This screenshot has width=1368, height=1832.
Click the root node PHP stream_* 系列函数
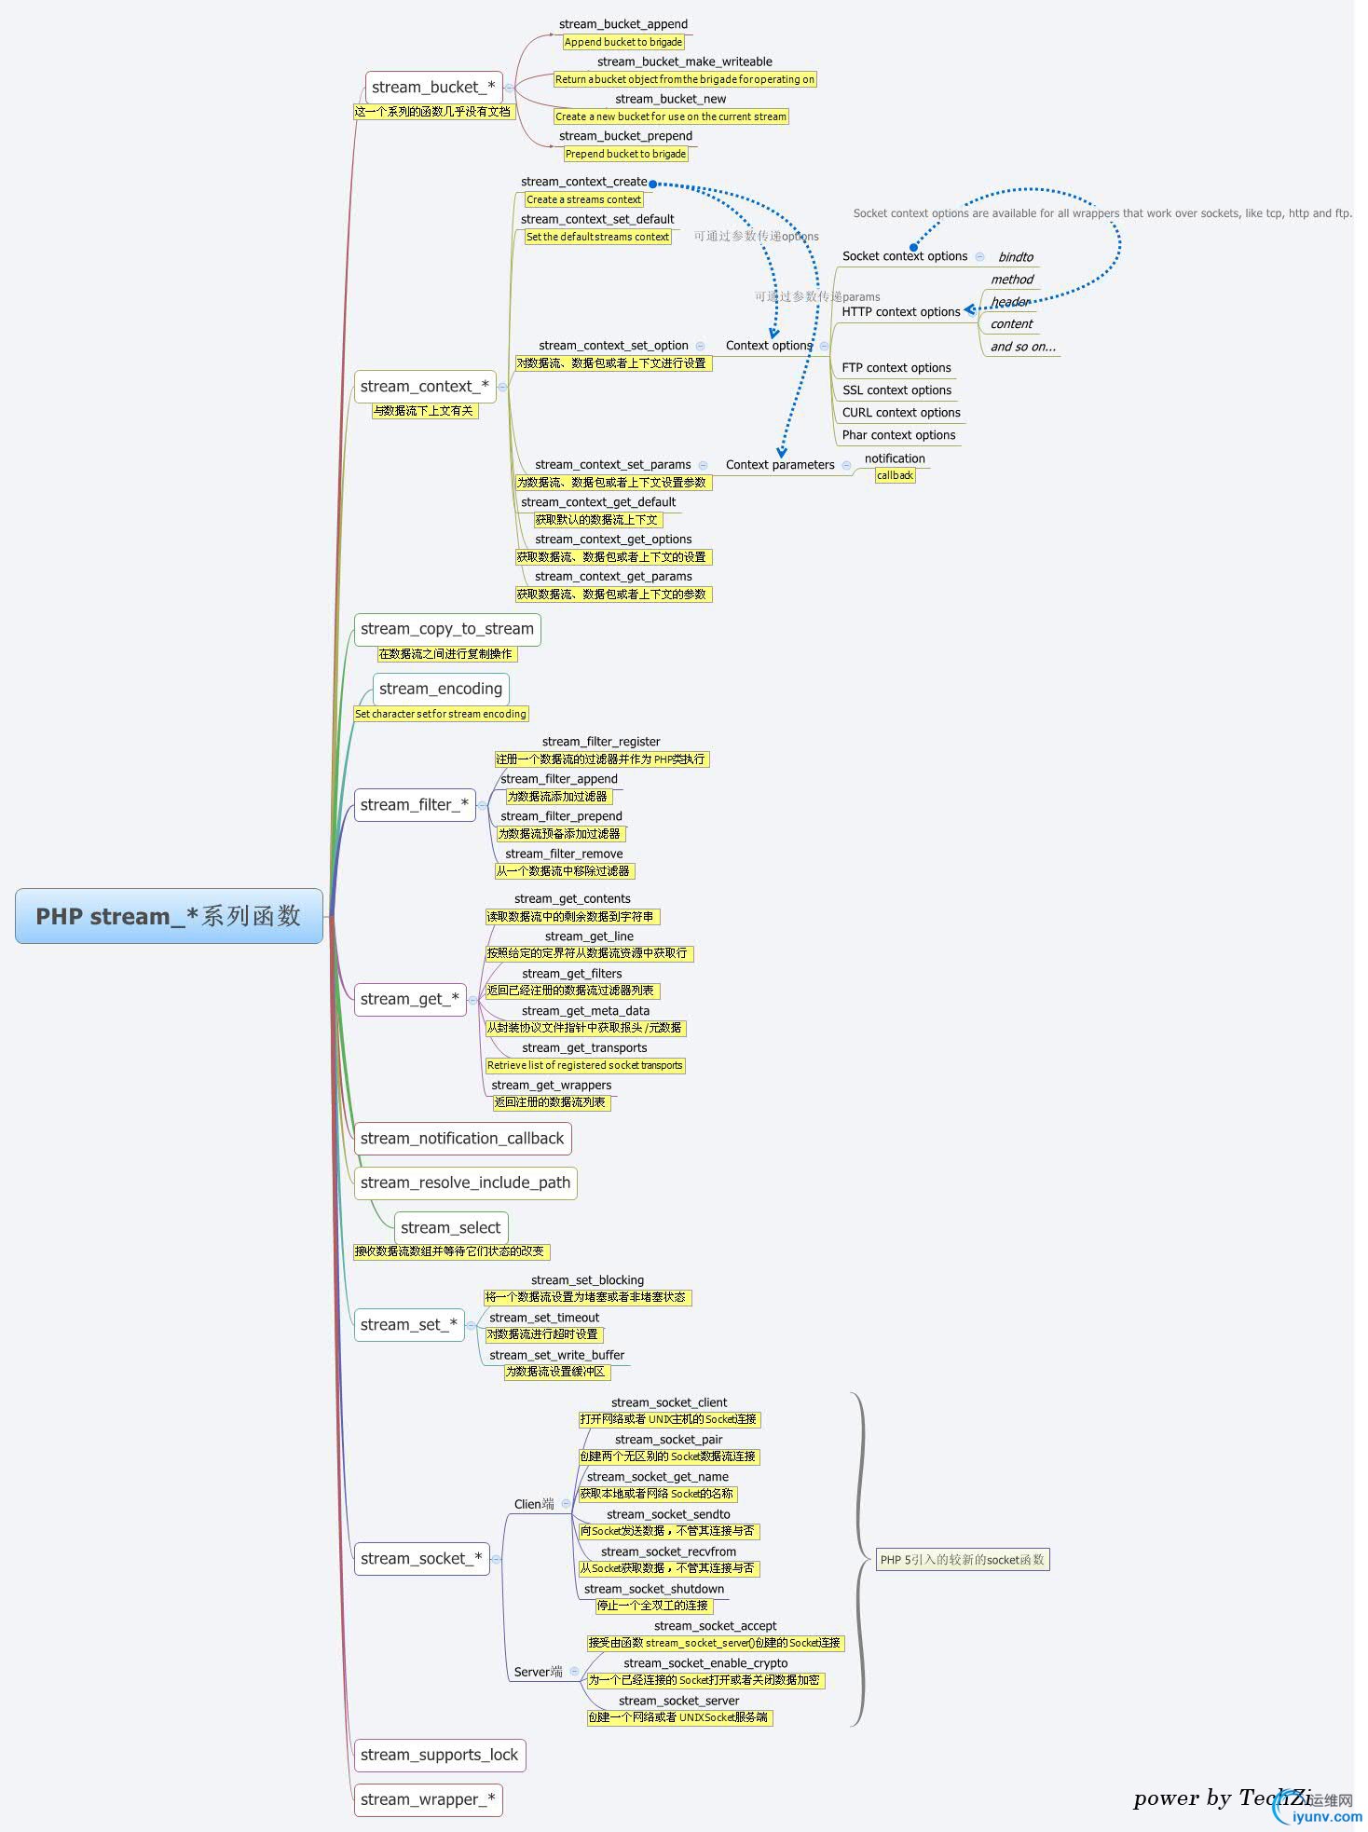[x=169, y=916]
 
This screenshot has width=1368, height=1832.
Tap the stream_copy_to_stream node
[x=447, y=629]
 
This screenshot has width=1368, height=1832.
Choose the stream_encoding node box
[x=441, y=689]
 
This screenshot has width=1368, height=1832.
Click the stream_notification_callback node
[x=462, y=1139]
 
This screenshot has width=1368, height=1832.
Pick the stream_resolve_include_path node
[x=465, y=1183]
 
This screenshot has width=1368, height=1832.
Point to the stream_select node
[x=451, y=1228]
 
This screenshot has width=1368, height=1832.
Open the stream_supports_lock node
[x=439, y=1755]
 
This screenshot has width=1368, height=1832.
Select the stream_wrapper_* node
[x=428, y=1799]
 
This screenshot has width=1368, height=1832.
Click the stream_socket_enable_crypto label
[x=705, y=1663]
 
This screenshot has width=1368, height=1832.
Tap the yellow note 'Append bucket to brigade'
[x=623, y=42]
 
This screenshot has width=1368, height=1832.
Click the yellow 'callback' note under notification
[x=895, y=475]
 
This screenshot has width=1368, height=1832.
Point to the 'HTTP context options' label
[x=901, y=312]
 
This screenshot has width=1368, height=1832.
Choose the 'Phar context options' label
[x=899, y=435]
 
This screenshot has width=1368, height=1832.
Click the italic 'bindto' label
[x=1016, y=257]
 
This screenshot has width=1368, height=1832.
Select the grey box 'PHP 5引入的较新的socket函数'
[x=963, y=1560]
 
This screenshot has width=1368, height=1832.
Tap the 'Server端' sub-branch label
[x=538, y=1672]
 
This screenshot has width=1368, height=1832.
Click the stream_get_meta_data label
[x=585, y=1011]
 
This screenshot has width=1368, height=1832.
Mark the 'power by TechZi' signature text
[x=1222, y=1798]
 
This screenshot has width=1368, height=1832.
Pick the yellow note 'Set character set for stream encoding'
[x=441, y=714]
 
